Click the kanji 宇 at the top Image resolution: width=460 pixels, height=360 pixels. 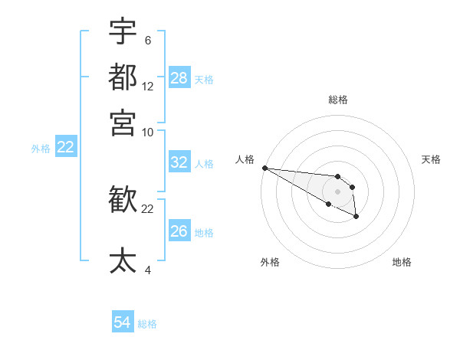click(123, 31)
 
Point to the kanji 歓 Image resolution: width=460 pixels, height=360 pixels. click(123, 201)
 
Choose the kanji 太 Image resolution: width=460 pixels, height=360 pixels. click(123, 260)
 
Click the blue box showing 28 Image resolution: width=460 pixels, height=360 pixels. click(179, 78)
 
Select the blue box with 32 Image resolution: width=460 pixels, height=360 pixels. click(179, 162)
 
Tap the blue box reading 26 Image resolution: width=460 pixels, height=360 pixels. click(179, 231)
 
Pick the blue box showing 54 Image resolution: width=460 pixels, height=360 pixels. click(123, 323)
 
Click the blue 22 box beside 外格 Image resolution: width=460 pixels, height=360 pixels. click(66, 147)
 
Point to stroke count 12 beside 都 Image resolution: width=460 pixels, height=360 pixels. click(148, 87)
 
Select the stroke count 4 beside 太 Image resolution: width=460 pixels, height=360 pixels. click(147, 270)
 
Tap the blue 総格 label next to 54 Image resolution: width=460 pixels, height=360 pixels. click(147, 324)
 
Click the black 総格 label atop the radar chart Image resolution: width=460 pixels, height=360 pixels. click(338, 100)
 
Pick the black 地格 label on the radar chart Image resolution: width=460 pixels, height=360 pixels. click(402, 262)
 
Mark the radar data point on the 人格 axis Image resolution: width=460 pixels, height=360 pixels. click(264, 168)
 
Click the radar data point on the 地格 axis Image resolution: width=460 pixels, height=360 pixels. click(356, 217)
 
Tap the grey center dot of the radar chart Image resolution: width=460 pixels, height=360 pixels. click(337, 191)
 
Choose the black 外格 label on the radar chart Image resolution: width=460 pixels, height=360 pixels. click(270, 262)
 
